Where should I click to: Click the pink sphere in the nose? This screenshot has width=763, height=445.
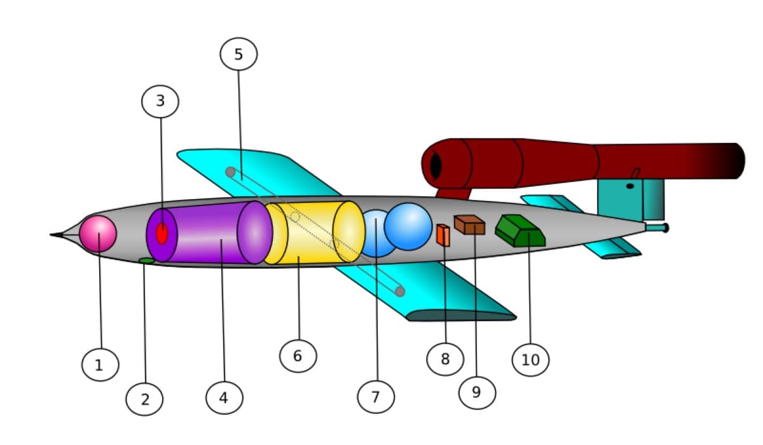click(98, 234)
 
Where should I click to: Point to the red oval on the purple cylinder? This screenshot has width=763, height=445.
click(162, 233)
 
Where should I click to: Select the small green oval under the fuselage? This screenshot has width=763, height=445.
click(147, 261)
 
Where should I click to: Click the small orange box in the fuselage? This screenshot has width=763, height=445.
click(444, 235)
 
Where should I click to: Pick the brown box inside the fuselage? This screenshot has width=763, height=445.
click(469, 224)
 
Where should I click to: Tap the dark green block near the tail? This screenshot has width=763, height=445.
click(520, 231)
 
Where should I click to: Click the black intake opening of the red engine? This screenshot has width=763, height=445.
click(436, 166)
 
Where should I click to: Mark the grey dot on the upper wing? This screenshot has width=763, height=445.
click(231, 172)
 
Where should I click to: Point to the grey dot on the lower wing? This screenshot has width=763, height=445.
click(400, 291)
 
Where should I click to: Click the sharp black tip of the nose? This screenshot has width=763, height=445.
click(50, 234)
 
